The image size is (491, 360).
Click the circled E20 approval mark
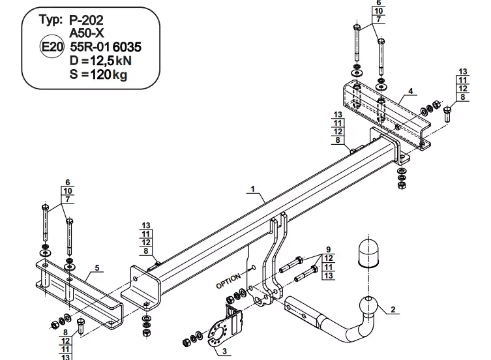click(52, 46)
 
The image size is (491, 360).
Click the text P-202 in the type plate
click(86, 20)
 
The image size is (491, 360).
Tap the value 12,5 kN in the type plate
click(111, 60)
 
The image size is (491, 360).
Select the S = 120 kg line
click(98, 74)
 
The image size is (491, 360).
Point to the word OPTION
click(229, 280)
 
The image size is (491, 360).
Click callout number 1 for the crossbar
click(253, 189)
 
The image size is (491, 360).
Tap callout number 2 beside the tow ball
click(393, 309)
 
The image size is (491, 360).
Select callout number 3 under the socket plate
click(224, 352)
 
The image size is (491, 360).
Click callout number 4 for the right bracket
click(411, 91)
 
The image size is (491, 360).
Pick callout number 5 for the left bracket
click(97, 267)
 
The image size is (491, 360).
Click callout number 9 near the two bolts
click(328, 249)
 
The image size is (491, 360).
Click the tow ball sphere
click(369, 306)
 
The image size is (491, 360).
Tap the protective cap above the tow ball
click(368, 253)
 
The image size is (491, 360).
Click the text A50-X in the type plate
click(87, 33)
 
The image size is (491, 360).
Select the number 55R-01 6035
click(106, 47)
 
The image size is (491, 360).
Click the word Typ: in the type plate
click(51, 20)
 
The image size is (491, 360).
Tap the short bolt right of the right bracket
click(447, 114)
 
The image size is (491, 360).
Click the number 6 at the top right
click(379, 3)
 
